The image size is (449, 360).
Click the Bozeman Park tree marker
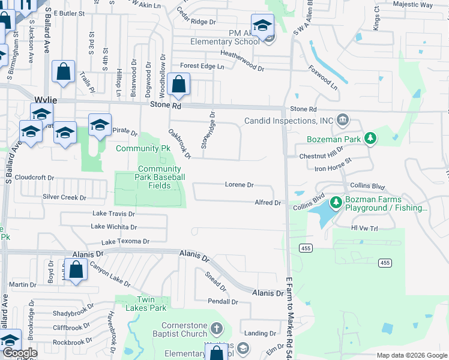click(x=371, y=139)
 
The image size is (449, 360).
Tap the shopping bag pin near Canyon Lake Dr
click(x=76, y=271)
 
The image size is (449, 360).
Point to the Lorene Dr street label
click(x=240, y=185)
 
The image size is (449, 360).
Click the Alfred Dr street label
click(x=268, y=203)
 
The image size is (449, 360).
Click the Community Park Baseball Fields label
click(x=159, y=177)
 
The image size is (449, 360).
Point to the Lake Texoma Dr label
click(x=125, y=241)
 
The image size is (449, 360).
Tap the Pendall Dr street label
click(x=223, y=301)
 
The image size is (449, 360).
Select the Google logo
click(x=19, y=353)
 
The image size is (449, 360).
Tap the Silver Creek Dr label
click(x=64, y=197)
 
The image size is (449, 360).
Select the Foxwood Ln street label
click(x=324, y=78)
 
